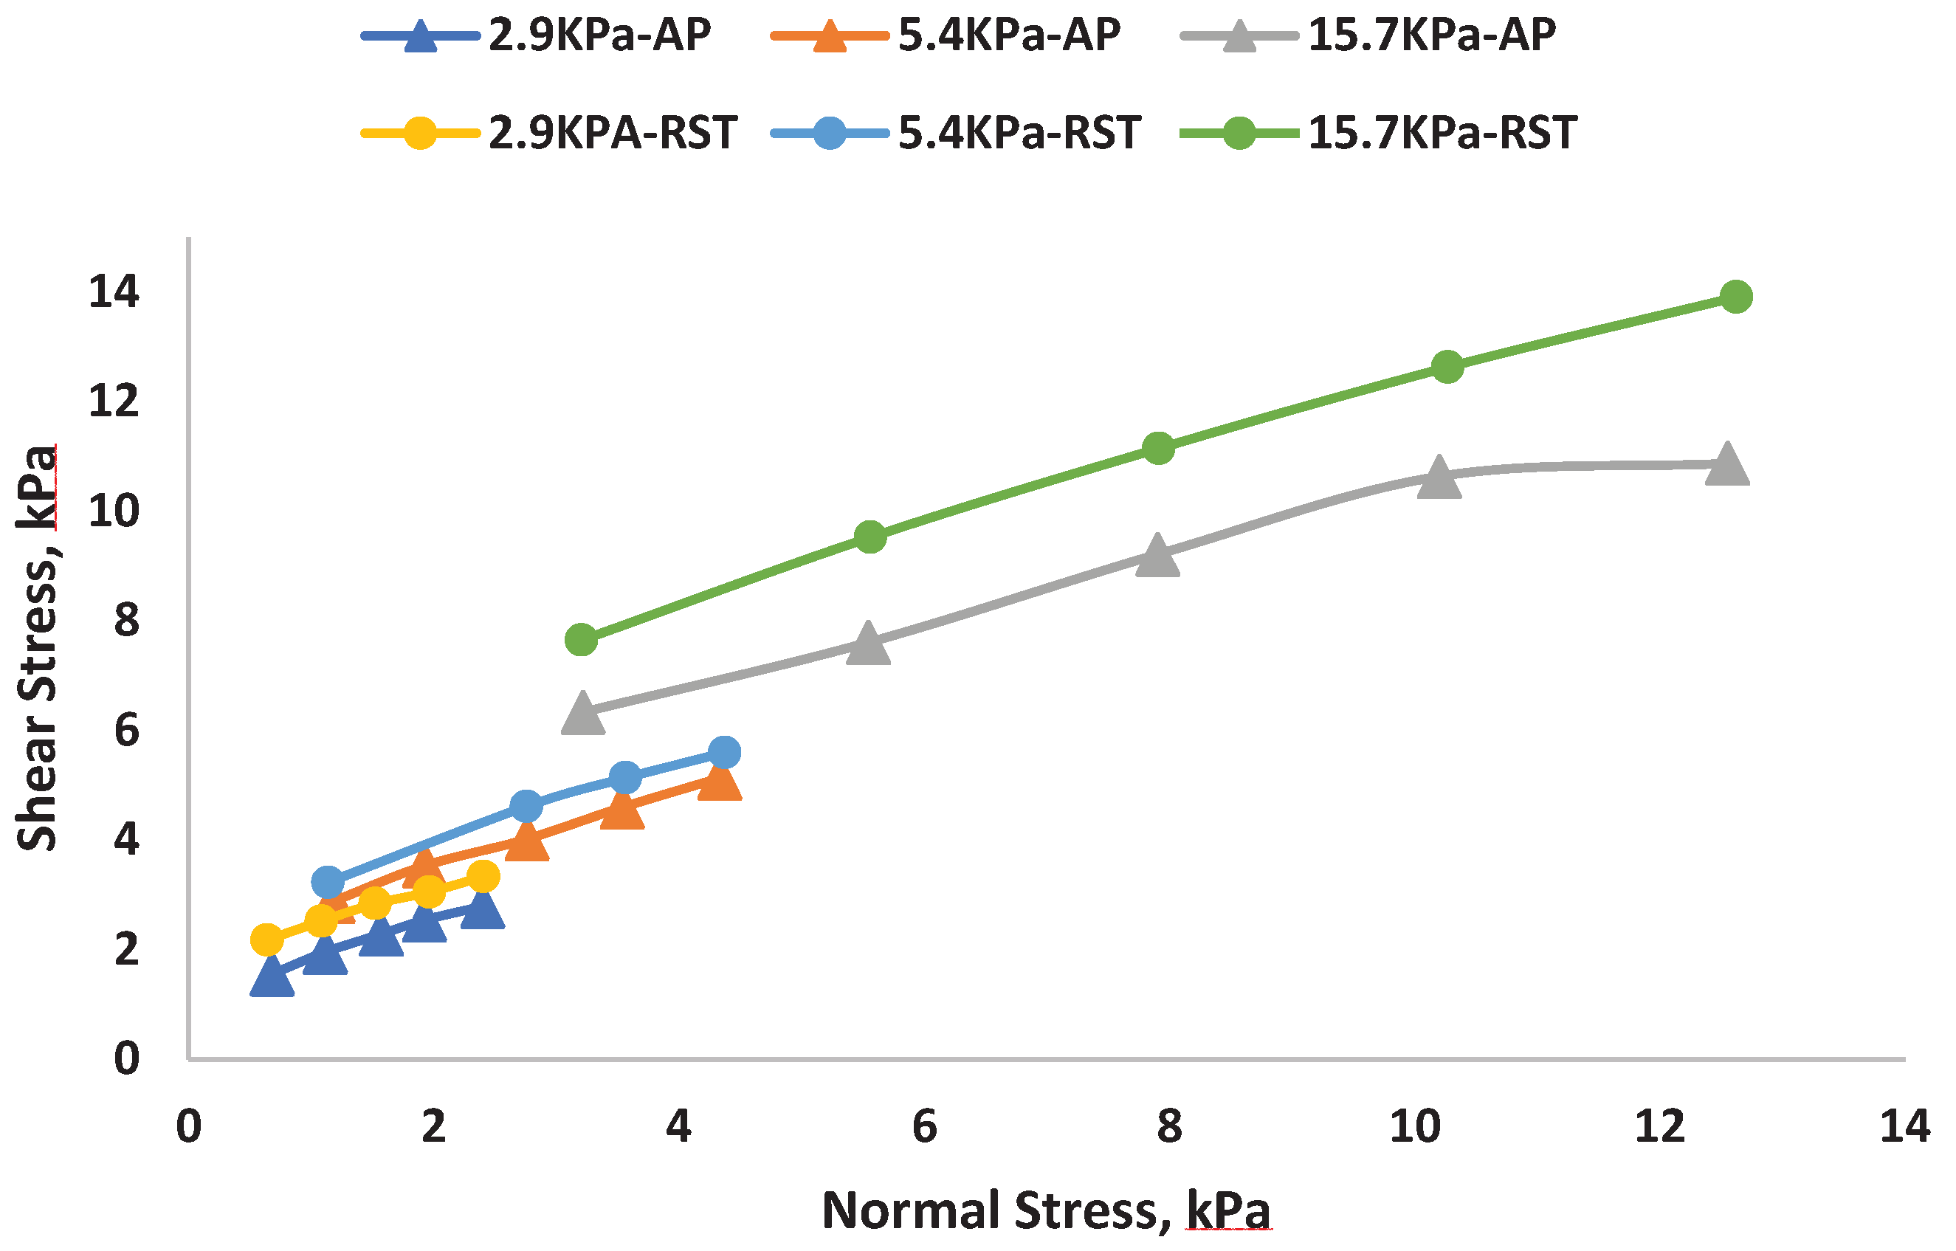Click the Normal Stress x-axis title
pos(1045,1210)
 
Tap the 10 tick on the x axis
pos(1414,1127)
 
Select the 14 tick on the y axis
pos(114,291)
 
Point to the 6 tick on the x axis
pos(924,1127)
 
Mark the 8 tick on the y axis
pos(127,621)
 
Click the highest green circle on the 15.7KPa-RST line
pos(1736,297)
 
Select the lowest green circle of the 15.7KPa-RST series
pos(581,640)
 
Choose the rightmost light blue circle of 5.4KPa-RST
pos(724,752)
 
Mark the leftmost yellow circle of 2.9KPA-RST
pos(266,940)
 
